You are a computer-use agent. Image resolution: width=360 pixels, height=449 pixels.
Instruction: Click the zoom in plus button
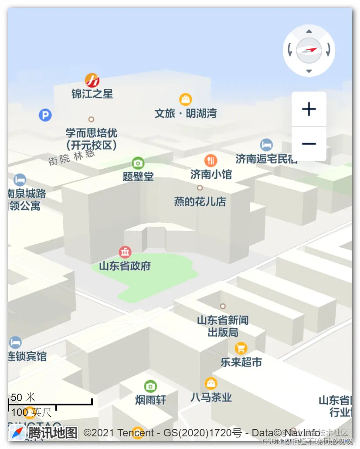coord(309,109)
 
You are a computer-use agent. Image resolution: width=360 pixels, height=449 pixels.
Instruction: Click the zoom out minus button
coord(309,144)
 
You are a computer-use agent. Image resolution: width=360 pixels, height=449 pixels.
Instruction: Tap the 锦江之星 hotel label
coord(92,93)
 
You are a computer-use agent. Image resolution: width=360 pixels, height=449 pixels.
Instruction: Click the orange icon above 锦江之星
coord(92,80)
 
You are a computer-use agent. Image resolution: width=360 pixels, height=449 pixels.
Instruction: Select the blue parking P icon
coord(45,115)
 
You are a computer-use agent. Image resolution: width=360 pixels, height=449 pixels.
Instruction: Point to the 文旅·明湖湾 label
coord(186,113)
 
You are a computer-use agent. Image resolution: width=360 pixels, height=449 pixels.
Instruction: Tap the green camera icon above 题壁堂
coord(138,163)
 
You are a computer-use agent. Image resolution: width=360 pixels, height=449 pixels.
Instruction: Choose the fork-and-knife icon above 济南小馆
coord(211,160)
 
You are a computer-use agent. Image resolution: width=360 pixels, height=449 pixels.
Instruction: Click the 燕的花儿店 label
coord(200,201)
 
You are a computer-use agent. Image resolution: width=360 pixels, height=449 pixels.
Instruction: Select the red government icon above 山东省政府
coord(125,252)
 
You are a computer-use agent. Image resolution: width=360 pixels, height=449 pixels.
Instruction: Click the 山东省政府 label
coord(125,265)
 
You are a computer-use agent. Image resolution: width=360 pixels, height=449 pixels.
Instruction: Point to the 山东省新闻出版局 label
coord(223,326)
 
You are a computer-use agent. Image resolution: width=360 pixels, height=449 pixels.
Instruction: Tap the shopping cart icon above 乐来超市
coord(241,348)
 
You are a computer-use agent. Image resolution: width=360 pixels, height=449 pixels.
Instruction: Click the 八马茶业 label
coord(211,397)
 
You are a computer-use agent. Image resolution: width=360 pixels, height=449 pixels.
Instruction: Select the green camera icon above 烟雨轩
coord(150,386)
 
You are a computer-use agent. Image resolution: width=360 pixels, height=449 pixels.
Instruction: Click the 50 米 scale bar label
coord(23,397)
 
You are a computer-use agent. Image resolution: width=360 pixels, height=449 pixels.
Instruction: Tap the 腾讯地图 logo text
coord(53,433)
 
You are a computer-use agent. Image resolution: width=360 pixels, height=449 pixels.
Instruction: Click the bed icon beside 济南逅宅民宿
coord(266,145)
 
